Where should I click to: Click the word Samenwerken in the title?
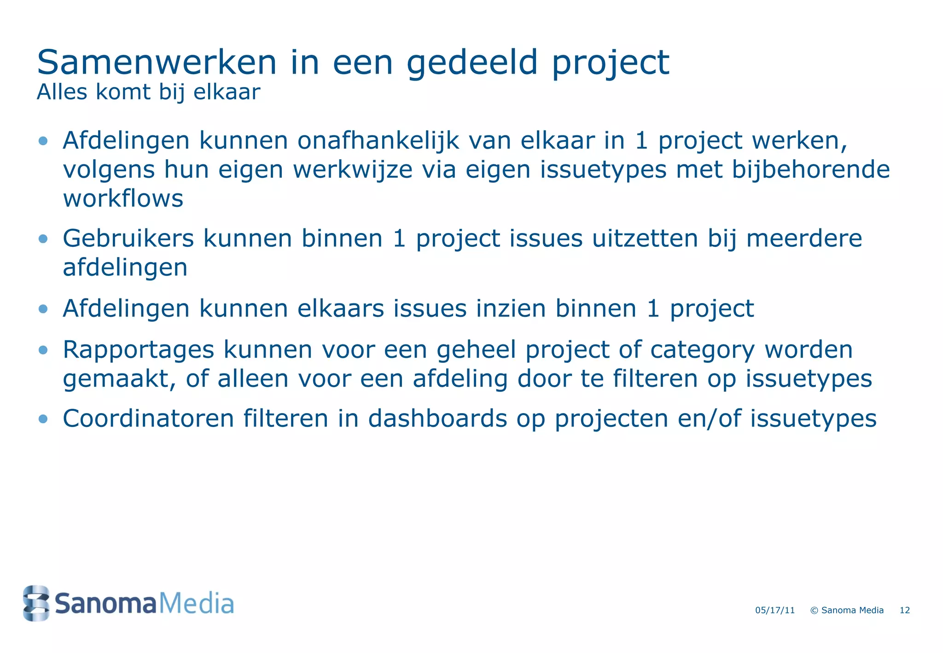157,63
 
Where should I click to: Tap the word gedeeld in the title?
472,64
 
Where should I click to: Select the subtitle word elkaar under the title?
227,92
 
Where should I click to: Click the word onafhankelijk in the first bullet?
378,140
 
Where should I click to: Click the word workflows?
123,199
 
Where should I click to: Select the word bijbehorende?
811,169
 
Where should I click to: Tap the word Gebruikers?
128,239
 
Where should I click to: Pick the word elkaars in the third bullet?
340,309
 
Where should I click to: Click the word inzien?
511,309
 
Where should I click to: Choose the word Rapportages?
138,350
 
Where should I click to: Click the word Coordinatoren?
148,419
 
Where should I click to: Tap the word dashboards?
437,419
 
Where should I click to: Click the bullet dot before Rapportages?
43,350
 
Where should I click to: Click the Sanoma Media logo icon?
36,603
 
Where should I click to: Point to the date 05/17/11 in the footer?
775,611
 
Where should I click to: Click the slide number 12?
905,611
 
